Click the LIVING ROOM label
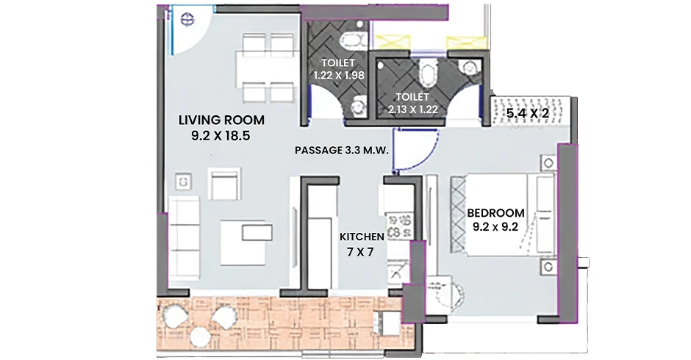[221, 120]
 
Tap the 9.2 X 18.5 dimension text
[221, 136]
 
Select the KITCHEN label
[362, 237]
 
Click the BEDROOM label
[495, 213]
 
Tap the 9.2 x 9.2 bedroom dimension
[495, 227]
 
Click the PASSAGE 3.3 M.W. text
[342, 151]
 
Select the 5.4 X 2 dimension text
[527, 113]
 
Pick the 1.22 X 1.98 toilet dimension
[339, 76]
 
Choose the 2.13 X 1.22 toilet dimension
[413, 109]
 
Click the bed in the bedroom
[502, 215]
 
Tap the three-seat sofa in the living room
[185, 238]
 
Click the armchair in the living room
[225, 183]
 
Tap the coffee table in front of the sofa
[243, 242]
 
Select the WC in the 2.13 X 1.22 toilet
[426, 73]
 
